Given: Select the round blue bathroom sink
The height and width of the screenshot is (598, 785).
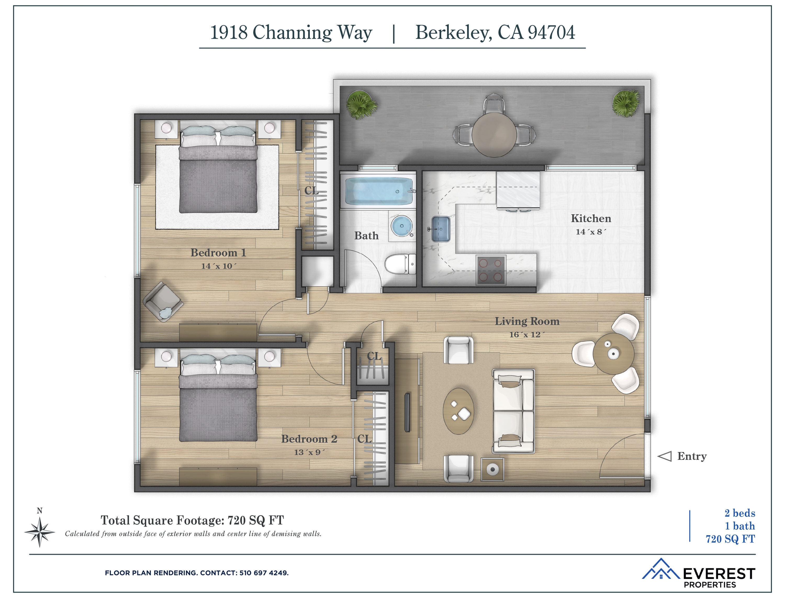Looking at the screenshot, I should point(402,226).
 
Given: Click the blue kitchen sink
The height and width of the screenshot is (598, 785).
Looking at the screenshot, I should point(440,229).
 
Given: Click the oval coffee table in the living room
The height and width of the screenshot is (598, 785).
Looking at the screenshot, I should point(458,411).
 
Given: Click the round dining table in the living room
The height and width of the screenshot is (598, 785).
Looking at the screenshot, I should point(613,353).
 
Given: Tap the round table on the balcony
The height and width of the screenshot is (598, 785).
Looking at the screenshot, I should point(494,134).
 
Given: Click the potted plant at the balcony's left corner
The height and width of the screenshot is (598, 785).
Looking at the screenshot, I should point(361,105).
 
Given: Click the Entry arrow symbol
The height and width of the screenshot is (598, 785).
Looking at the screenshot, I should point(664,456).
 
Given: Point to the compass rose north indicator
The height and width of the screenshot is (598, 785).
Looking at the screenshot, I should point(40,532).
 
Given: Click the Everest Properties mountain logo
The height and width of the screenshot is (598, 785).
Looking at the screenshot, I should point(661,569).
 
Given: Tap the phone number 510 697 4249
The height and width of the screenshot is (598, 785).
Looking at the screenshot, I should point(264,573).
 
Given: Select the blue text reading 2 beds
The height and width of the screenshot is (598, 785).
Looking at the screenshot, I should point(739,513).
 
